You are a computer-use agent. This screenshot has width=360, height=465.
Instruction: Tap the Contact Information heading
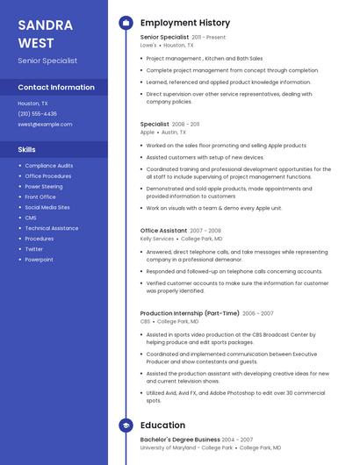(56, 87)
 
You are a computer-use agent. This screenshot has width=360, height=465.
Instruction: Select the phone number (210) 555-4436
(37, 113)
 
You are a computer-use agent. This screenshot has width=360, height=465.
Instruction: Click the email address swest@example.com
(45, 124)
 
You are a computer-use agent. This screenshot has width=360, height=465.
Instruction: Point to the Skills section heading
(26, 149)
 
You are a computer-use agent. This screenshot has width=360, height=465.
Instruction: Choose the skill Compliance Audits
(49, 165)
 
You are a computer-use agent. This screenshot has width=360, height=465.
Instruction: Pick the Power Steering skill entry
(44, 186)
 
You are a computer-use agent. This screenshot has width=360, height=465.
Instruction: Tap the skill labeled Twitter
(33, 249)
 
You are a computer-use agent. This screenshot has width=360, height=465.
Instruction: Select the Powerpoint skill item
(39, 260)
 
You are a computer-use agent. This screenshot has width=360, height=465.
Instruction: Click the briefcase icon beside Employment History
(126, 23)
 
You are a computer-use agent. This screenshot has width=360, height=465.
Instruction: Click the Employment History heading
(185, 23)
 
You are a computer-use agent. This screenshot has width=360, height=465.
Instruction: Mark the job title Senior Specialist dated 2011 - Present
(164, 37)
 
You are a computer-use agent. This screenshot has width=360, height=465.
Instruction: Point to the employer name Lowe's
(148, 45)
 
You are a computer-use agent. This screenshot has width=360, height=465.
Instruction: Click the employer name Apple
(147, 132)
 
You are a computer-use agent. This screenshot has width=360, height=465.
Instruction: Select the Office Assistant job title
(163, 230)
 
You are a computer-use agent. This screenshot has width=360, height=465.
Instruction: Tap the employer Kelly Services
(157, 238)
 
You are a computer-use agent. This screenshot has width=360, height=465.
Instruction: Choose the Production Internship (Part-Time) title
(189, 313)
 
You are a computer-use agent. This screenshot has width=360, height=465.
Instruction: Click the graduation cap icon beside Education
(126, 426)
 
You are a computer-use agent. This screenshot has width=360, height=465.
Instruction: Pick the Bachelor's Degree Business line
(180, 439)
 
